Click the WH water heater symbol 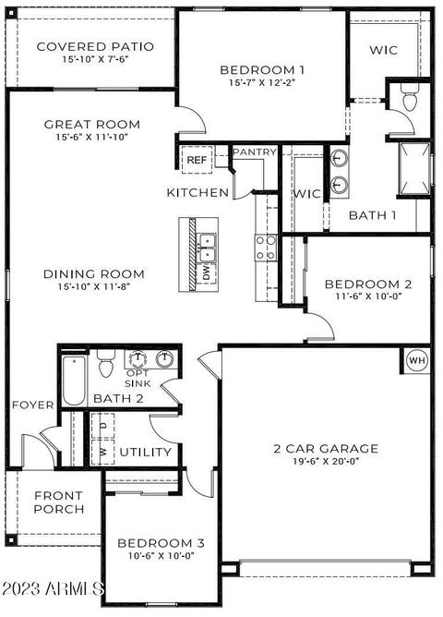tap(416, 360)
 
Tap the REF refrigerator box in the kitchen tap(197, 160)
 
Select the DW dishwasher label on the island tap(207, 272)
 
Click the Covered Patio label tap(95, 46)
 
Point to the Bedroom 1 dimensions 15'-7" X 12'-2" tap(262, 82)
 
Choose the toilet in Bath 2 tap(106, 363)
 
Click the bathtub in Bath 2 tap(74, 381)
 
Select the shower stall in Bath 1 tap(414, 168)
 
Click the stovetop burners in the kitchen tap(266, 248)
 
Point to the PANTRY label tap(255, 151)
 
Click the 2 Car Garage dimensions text tap(326, 461)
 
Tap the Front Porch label tap(59, 502)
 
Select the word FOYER tap(33, 405)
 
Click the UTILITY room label tap(146, 452)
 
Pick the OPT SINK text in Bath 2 tap(138, 378)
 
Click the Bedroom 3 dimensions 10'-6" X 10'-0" tap(162, 556)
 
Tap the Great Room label tap(92, 125)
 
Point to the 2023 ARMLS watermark tap(53, 588)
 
